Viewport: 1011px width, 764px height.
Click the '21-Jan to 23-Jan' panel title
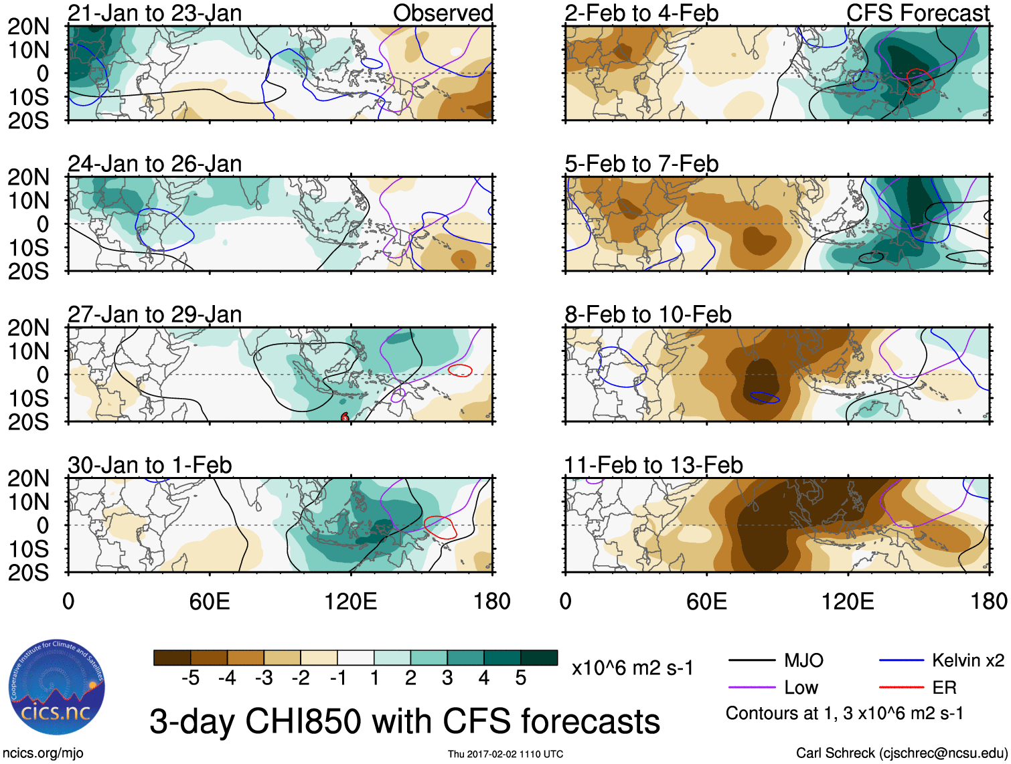click(155, 13)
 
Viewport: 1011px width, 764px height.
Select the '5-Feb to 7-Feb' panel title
click(641, 164)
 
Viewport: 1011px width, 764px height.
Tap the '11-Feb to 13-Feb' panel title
click(653, 465)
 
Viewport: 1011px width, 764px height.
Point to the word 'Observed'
click(443, 13)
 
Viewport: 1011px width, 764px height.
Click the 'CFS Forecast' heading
click(917, 13)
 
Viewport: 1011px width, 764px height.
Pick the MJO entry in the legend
click(803, 661)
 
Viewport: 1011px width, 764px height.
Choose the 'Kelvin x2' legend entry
click(967, 661)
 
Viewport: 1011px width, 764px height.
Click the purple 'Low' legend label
click(801, 688)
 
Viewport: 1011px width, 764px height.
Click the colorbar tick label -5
click(190, 678)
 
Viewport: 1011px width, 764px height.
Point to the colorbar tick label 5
click(520, 678)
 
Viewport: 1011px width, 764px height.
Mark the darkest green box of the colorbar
click(539, 658)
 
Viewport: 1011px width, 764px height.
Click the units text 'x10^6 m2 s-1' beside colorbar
click(632, 668)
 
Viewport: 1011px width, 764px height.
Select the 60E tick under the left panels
click(210, 601)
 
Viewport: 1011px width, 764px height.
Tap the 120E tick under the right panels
click(848, 601)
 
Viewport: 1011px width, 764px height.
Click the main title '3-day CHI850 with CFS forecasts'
click(404, 721)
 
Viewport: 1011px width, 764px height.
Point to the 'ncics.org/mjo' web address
click(43, 753)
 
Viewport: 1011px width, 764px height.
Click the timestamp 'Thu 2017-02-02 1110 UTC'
click(505, 754)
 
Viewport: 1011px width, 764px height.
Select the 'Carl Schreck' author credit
click(901, 753)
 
